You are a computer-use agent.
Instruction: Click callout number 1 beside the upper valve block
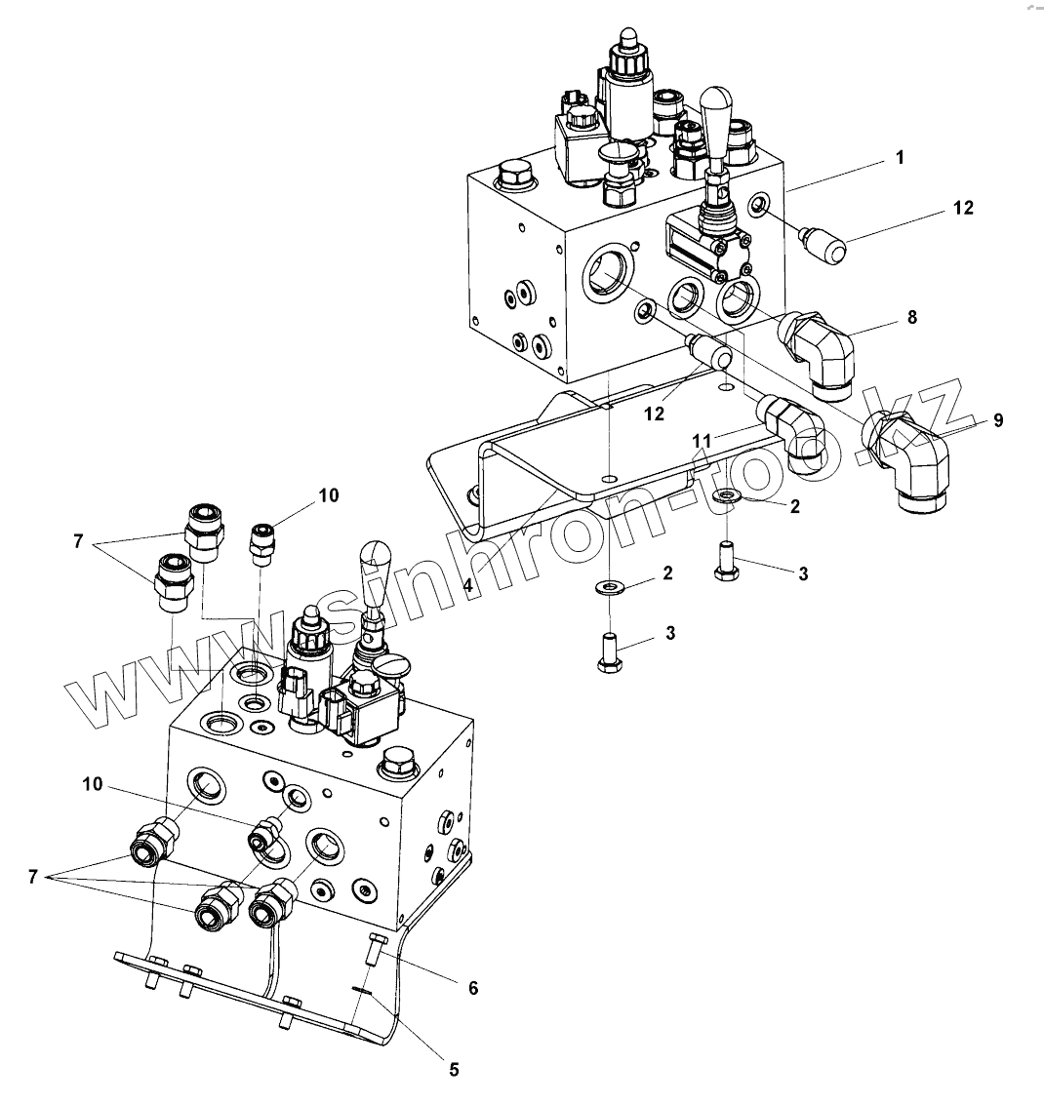point(900,156)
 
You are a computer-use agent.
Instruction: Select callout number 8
point(912,316)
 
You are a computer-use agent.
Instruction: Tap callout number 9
point(997,420)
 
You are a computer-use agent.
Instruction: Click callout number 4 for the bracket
point(468,585)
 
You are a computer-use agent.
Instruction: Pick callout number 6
point(473,988)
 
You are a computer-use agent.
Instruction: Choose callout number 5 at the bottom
point(453,1068)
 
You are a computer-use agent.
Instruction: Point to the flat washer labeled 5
point(361,990)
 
